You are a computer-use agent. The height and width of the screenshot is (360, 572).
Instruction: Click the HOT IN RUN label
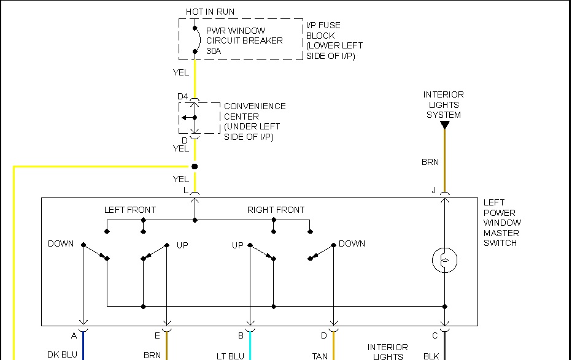[210, 12]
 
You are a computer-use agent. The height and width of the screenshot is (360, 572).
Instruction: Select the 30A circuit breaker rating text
[214, 51]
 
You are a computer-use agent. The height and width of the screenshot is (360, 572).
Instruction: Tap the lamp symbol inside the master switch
[444, 261]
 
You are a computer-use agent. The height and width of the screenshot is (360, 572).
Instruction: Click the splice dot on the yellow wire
[195, 166]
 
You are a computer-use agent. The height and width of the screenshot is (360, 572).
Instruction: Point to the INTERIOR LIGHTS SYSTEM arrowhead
[444, 125]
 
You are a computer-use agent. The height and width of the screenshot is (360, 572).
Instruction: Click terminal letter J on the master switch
[433, 191]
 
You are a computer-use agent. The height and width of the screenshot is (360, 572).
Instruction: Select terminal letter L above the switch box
[185, 191]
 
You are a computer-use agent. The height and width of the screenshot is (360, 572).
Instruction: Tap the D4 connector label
[182, 97]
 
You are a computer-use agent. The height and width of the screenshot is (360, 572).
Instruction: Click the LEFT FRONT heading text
[130, 210]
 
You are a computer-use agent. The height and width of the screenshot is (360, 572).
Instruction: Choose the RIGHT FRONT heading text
[276, 210]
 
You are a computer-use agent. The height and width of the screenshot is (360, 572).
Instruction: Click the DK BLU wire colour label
[62, 355]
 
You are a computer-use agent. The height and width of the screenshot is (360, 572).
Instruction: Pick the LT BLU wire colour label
[230, 356]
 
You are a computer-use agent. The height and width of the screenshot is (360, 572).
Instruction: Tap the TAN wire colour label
[320, 356]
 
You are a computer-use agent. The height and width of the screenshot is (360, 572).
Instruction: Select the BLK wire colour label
[431, 356]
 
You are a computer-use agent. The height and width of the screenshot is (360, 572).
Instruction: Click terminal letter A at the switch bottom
[74, 335]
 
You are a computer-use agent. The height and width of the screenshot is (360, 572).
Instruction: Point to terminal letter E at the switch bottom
[157, 335]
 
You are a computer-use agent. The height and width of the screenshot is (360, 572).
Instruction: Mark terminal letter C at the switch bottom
[435, 335]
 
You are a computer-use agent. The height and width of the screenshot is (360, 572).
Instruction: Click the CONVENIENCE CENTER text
[254, 111]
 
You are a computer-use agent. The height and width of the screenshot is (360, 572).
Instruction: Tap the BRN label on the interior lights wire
[430, 163]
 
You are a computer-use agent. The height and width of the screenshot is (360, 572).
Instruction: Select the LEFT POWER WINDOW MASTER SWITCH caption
[501, 223]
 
